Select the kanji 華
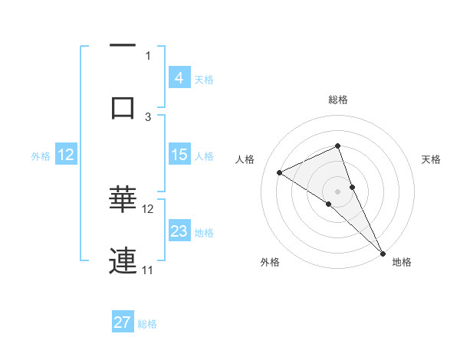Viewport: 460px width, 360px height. point(123,200)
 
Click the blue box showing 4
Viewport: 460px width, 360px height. point(179,77)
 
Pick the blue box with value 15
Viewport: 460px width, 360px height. point(179,155)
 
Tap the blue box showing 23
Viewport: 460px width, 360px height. point(179,231)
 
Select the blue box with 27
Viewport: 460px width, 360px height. point(123,322)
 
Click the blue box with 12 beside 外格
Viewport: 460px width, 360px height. point(65,155)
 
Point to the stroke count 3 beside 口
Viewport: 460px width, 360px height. point(148,116)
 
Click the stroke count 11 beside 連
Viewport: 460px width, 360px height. point(148,270)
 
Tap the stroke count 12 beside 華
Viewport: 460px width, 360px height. point(148,208)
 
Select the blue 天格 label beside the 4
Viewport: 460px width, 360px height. point(204,79)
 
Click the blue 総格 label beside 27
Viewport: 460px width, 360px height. point(147,324)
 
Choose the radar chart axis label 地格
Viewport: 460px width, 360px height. point(402,262)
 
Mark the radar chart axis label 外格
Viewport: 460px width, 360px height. point(270,262)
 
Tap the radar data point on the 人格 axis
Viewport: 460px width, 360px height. point(279,172)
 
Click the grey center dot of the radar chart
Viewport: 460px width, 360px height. point(337,191)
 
